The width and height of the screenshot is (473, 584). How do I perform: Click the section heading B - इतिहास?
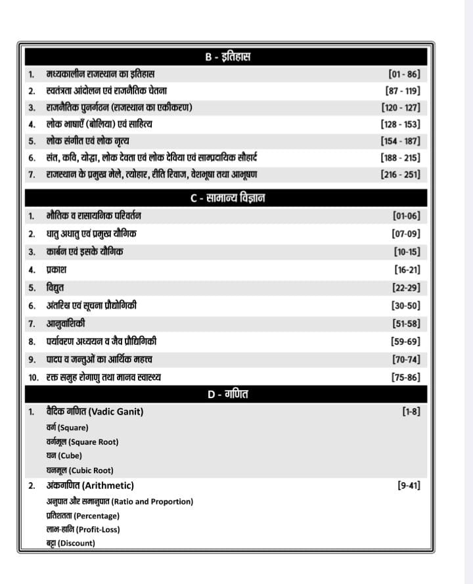point(227,57)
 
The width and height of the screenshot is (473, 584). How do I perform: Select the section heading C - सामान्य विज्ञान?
point(227,198)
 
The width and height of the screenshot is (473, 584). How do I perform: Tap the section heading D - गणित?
point(227,394)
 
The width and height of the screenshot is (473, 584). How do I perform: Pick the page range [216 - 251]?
point(400,175)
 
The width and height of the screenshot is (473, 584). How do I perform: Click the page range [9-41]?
point(409,485)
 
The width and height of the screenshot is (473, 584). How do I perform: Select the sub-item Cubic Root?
point(85,470)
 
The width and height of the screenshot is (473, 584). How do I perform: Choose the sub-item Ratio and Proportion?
point(152,501)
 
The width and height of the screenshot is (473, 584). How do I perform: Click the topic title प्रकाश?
point(56,269)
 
